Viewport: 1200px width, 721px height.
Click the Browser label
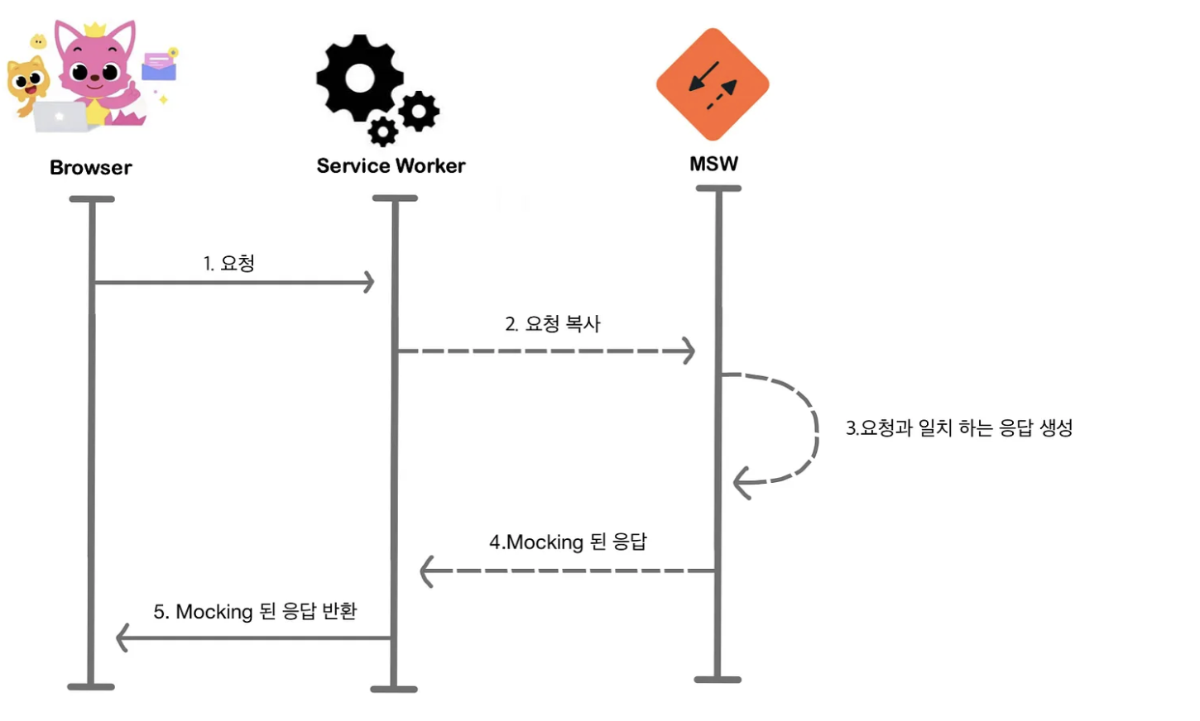click(91, 168)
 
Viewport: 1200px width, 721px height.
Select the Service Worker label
click(391, 166)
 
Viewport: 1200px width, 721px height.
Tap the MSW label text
click(713, 164)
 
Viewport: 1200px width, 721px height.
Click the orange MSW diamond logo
click(713, 84)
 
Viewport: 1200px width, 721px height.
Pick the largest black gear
click(360, 79)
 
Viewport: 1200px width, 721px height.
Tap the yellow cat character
click(26, 84)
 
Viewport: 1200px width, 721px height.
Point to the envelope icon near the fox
click(159, 67)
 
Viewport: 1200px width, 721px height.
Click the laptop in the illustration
click(62, 117)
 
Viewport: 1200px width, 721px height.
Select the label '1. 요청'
click(229, 263)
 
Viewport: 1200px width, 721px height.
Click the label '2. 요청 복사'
click(553, 323)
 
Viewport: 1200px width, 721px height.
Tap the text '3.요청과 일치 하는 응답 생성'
click(959, 427)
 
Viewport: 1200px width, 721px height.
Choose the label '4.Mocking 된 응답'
click(568, 542)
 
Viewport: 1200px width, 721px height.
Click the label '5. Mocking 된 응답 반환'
click(255, 611)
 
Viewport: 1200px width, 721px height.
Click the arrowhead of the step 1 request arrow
click(368, 282)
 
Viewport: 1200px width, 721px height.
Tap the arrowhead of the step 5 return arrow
click(122, 637)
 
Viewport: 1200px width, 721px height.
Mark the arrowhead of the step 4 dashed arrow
click(427, 571)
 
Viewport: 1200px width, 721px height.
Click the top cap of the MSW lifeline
click(718, 189)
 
